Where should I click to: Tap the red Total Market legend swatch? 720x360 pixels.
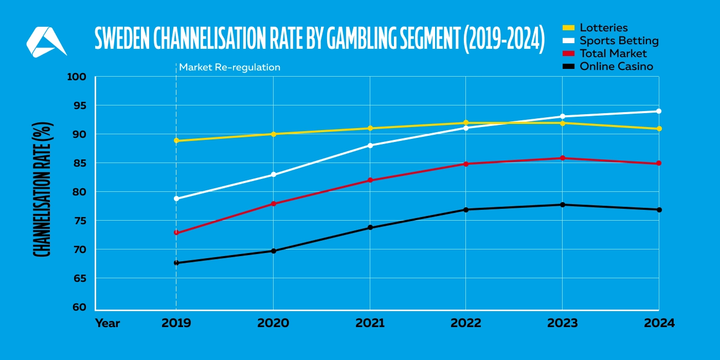tap(568, 53)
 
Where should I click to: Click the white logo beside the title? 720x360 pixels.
tap(46, 42)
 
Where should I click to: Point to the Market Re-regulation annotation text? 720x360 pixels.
tap(229, 67)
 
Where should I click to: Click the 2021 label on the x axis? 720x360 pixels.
tap(370, 323)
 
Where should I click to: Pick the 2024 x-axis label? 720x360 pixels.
tap(658, 323)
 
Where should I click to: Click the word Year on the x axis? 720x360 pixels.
tap(107, 323)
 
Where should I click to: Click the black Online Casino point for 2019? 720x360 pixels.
tap(176, 263)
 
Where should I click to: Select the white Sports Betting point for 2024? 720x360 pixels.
tap(659, 111)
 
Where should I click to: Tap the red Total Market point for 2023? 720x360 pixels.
tap(562, 158)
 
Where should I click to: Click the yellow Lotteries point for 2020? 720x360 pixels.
tap(273, 134)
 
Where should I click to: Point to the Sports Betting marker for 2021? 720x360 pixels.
tap(370, 146)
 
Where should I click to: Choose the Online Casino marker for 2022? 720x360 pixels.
tap(466, 209)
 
